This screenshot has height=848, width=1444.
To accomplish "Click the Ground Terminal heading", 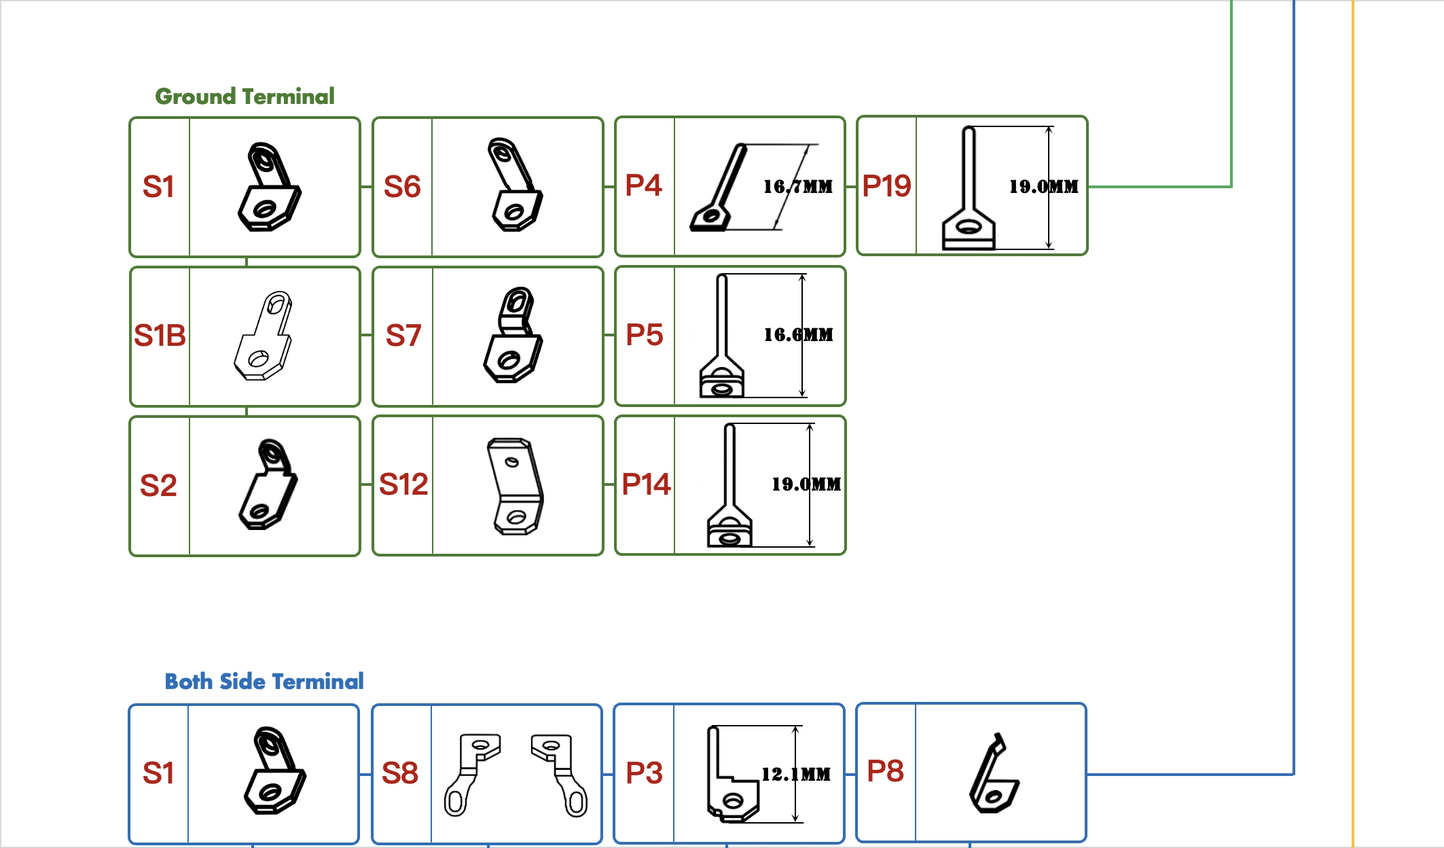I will pyautogui.click(x=245, y=96).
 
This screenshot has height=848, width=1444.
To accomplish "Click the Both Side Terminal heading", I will pyautogui.click(x=264, y=682).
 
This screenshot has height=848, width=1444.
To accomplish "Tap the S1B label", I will pyautogui.click(x=160, y=336).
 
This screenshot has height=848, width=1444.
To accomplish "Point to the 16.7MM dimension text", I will pyautogui.click(x=798, y=187).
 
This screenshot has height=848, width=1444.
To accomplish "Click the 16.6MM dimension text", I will pyautogui.click(x=798, y=335).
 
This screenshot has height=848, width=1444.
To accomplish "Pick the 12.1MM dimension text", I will pyautogui.click(x=796, y=775).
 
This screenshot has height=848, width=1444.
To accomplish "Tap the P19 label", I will pyautogui.click(x=886, y=186).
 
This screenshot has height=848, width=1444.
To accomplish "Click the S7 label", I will pyautogui.click(x=403, y=336).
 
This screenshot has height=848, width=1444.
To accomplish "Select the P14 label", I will pyautogui.click(x=646, y=485).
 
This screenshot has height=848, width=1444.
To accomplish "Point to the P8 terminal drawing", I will pyautogui.click(x=993, y=774).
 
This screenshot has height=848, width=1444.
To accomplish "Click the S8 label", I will pyautogui.click(x=400, y=773).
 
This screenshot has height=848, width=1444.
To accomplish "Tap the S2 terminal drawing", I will pyautogui.click(x=268, y=484).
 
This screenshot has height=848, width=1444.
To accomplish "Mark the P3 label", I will pyautogui.click(x=644, y=773).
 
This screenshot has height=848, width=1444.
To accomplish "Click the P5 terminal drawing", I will pyautogui.click(x=721, y=336).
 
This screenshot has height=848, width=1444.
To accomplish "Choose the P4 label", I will pyautogui.click(x=643, y=185).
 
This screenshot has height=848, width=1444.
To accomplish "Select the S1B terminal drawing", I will pyautogui.click(x=264, y=336).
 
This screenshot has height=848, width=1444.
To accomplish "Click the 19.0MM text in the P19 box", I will pyautogui.click(x=1043, y=187).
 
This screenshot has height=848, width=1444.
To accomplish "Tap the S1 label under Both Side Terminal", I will pyautogui.click(x=158, y=773).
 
